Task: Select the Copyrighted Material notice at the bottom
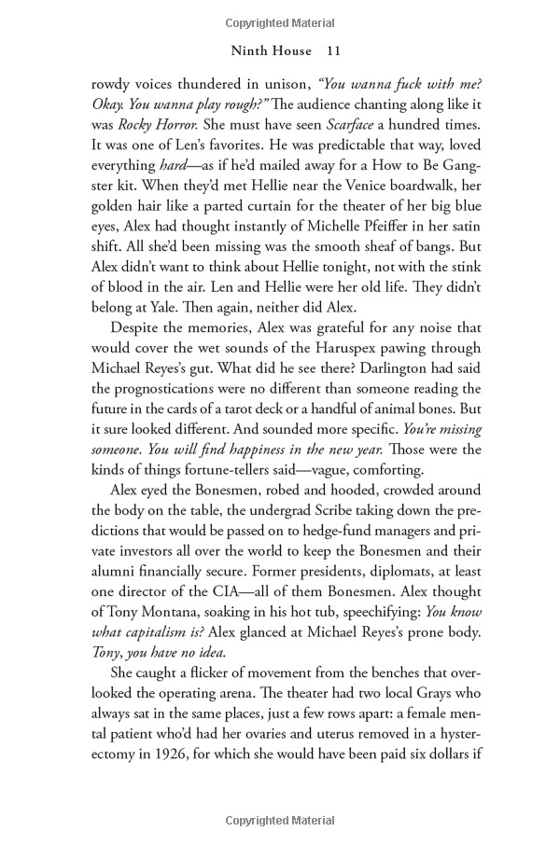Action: (280, 820)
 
